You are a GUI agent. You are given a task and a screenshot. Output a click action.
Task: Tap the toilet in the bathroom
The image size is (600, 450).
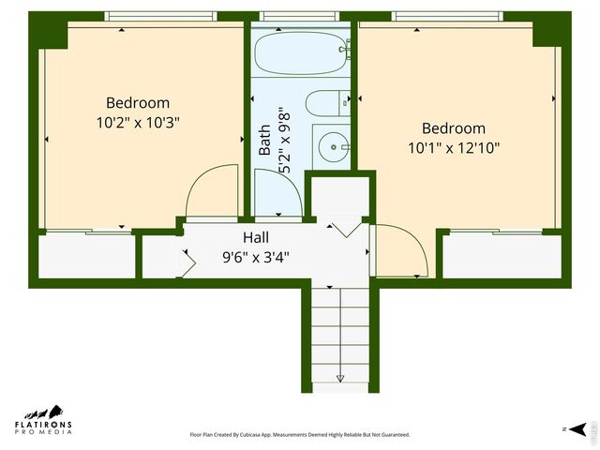pos(328,103)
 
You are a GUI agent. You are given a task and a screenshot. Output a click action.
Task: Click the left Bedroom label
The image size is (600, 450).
pos(138,103)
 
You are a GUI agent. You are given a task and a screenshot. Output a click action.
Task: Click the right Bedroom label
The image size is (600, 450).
pos(454,128)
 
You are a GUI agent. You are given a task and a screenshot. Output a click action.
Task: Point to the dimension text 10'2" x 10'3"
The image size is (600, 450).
pos(138,121)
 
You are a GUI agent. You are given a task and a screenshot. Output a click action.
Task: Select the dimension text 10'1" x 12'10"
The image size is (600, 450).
pos(454,147)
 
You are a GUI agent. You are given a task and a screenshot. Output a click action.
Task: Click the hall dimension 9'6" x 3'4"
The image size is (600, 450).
pos(262,255)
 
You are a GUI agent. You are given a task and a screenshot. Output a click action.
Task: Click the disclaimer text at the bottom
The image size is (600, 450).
pos(300,435)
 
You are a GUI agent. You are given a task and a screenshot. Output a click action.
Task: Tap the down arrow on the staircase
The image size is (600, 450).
pos(340,378)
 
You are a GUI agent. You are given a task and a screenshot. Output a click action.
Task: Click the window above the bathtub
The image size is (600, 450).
pos(301,16)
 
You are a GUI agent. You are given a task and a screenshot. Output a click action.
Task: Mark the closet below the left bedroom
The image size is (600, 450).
pos(86,256)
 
